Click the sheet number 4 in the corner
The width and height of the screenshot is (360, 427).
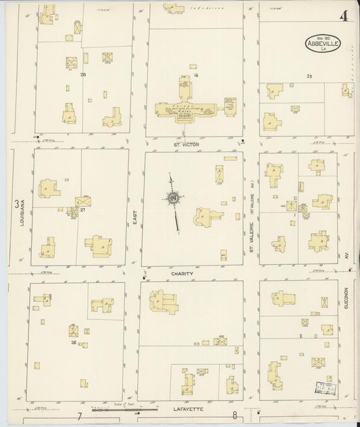[343, 16]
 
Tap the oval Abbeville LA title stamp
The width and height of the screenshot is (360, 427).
[323, 43]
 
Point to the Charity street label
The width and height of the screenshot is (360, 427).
[182, 274]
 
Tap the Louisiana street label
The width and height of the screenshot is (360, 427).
[22, 211]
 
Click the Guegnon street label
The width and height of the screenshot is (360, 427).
[344, 299]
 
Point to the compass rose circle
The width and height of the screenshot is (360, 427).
[174, 198]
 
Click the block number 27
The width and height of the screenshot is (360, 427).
[82, 211]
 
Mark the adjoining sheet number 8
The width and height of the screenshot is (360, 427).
[234, 414]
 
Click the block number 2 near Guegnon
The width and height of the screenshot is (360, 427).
[300, 335]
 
